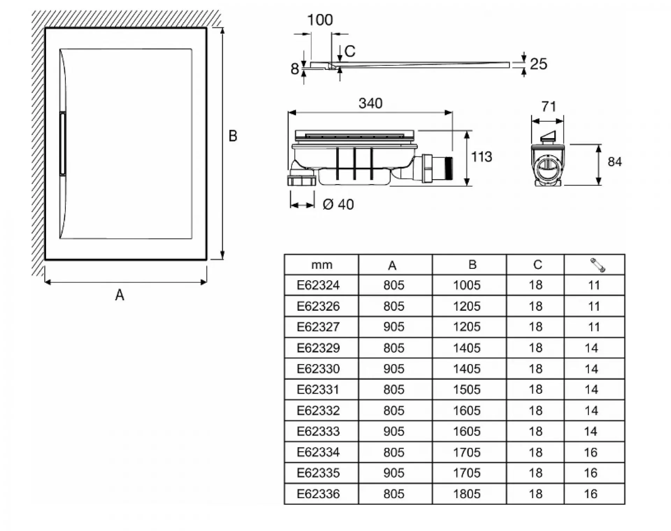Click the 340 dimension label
(370, 103)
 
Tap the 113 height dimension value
(481, 157)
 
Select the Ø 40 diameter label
(338, 204)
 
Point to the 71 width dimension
(548, 107)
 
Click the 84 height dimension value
(614, 162)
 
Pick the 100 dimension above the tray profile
(320, 20)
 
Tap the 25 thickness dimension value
(538, 64)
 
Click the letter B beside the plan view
(233, 136)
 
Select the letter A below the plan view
(120, 295)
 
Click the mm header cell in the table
(322, 265)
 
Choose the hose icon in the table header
(597, 265)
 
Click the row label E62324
(318, 285)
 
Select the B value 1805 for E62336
(467, 494)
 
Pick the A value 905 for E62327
(394, 327)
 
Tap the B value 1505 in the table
(467, 390)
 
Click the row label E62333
(318, 431)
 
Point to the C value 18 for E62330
(535, 369)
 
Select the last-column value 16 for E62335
(591, 473)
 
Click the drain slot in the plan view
(63, 144)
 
